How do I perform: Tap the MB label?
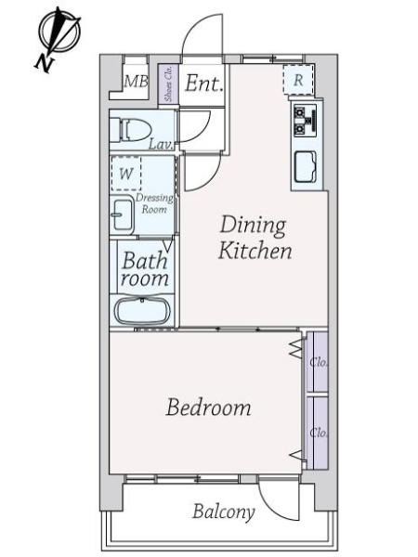coord(136,82)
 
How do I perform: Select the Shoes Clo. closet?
coord(168,84)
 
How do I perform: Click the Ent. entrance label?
coord(203,84)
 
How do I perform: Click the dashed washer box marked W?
coord(126,174)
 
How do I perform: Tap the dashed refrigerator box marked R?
coord(298,80)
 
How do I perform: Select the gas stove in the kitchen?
coord(305,121)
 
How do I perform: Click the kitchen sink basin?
coord(306,167)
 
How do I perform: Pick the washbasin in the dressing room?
coord(122,215)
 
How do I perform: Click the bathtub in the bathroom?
coord(142,310)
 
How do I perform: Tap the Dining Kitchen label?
coord(255,238)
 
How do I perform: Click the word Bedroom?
coord(209,408)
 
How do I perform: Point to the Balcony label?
coord(224,512)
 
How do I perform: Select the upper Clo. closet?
coord(317,362)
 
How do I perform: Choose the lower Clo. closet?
coord(317,433)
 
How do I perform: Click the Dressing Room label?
coord(154,203)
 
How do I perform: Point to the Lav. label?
coord(161,145)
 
